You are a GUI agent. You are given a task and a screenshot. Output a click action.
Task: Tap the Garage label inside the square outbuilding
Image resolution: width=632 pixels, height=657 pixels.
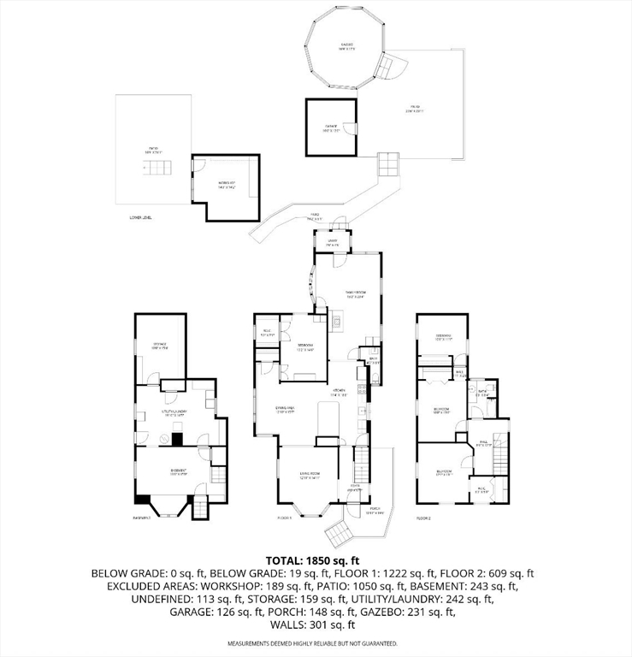click(330, 128)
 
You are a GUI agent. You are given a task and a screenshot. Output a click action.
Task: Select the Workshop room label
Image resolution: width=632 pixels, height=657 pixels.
click(225, 184)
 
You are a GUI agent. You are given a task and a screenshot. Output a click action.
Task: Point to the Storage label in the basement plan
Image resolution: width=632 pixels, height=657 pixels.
click(160, 346)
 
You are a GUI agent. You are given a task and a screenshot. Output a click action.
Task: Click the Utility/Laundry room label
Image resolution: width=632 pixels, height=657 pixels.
click(175, 413)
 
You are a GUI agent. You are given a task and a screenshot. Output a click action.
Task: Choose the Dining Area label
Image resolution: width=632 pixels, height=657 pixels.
click(284, 410)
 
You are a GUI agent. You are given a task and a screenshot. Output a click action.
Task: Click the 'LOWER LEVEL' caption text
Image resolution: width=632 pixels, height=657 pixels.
click(140, 218)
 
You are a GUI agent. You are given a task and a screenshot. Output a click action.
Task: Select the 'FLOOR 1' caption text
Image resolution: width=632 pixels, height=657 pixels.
click(284, 518)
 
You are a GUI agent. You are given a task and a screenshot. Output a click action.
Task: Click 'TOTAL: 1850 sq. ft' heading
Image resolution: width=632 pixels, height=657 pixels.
click(316, 558)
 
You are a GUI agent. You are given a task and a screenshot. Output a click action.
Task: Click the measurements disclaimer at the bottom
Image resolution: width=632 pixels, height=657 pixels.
click(316, 643)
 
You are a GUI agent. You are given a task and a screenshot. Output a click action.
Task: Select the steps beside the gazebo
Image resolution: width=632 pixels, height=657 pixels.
click(394, 68)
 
